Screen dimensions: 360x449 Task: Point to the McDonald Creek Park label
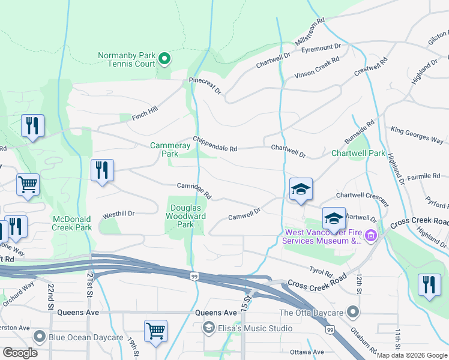pos(72,223)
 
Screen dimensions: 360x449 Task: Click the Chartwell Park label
pos(358,153)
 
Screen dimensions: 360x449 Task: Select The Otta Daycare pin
pos(354,312)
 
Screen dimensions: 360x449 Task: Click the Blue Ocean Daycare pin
pos(40,337)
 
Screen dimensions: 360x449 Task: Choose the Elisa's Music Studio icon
pos(208,328)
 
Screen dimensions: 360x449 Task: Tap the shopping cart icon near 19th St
pos(155,331)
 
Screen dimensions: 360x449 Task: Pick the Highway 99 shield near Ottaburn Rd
pos(330,329)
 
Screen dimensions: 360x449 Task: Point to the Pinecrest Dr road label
pos(205,85)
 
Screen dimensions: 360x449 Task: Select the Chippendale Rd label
pos(215,144)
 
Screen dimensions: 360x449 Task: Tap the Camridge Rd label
pos(194,191)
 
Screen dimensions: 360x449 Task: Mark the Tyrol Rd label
pos(321,272)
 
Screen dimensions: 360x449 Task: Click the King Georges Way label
pos(416,135)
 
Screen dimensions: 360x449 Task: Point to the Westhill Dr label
pos(119,214)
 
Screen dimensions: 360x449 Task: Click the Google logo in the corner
pos(20,353)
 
